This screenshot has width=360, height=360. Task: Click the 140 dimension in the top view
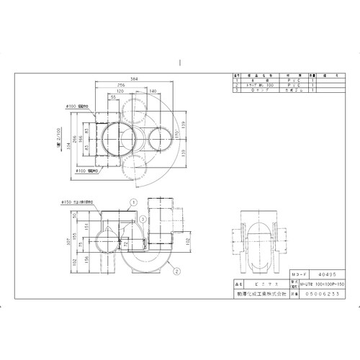[153, 91]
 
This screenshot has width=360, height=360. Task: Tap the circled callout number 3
[143, 217]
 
